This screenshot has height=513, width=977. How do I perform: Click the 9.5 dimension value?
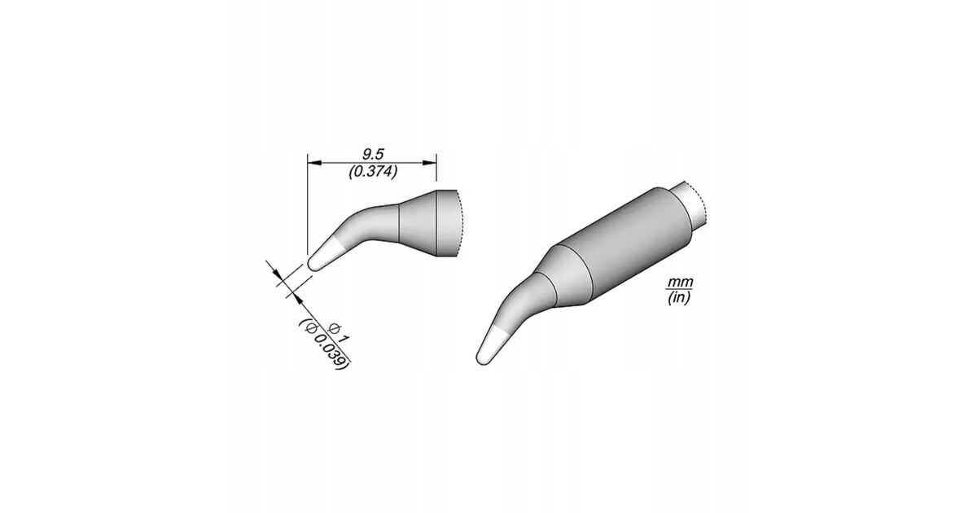coord(373,154)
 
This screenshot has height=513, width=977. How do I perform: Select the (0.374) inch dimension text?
coord(373,172)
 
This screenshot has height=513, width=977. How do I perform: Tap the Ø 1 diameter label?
coord(339,332)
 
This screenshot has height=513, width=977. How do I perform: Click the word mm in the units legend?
coord(680,283)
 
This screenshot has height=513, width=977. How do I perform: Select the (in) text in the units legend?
coord(679,298)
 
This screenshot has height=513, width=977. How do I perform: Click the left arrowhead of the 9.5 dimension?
coord(314,163)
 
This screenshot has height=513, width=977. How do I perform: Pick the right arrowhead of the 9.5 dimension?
coord(430,163)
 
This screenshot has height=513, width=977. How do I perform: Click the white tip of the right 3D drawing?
coord(492,345)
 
